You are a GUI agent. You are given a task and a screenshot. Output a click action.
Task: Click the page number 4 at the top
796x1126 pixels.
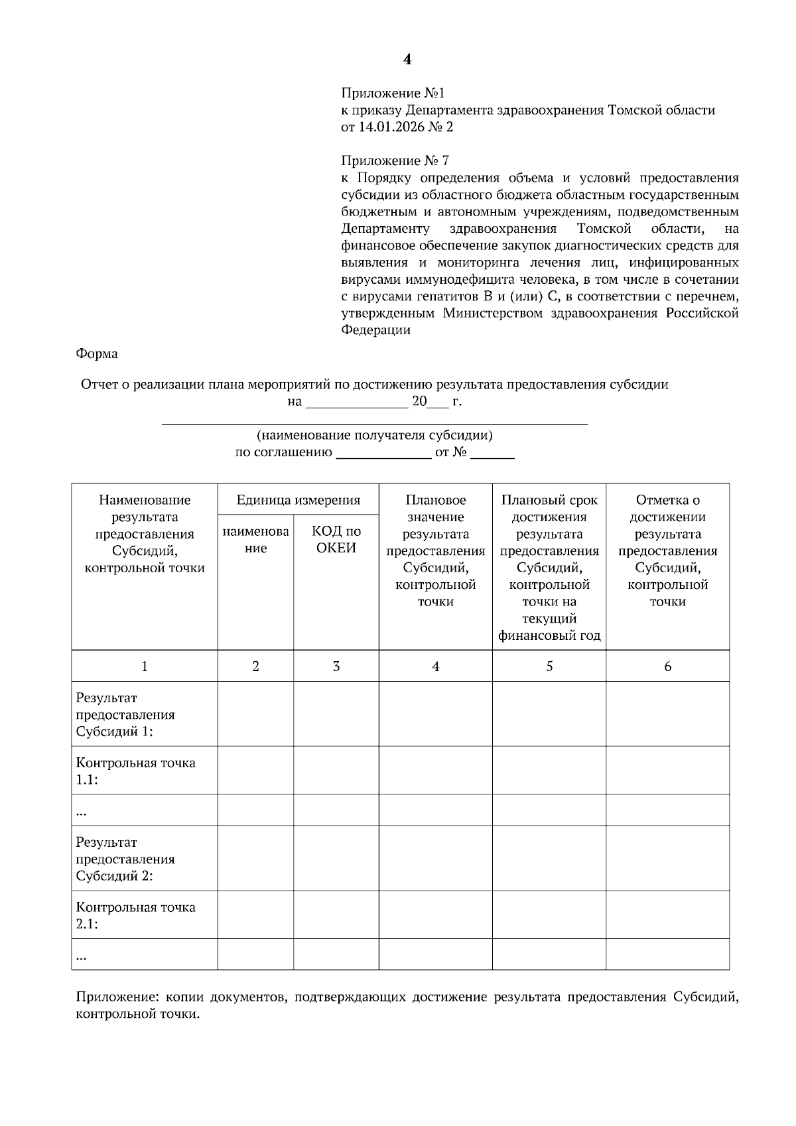(x=407, y=60)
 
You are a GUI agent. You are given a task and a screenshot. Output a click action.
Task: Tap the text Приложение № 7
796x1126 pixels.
(x=395, y=161)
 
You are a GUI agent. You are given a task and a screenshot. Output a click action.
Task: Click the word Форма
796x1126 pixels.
(x=97, y=354)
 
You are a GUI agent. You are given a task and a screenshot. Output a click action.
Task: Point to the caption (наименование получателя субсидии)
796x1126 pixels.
(x=375, y=436)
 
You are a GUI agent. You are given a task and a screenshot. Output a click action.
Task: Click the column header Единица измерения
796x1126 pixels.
(x=298, y=500)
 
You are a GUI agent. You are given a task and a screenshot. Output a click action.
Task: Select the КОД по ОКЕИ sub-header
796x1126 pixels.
(x=336, y=539)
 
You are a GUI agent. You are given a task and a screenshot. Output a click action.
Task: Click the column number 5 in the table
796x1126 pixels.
(x=549, y=666)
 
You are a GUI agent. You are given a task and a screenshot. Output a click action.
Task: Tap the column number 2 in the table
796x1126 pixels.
(x=255, y=666)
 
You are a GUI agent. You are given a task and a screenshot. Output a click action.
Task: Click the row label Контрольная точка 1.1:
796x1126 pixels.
(x=135, y=771)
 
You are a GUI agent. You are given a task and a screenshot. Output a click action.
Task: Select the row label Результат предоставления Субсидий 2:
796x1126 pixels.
(x=125, y=859)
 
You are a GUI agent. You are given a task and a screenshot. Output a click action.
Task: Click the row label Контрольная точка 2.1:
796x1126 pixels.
(x=135, y=915)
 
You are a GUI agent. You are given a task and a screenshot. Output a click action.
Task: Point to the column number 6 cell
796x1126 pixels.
(x=667, y=666)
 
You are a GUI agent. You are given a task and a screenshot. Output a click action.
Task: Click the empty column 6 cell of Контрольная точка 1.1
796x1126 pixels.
(x=667, y=771)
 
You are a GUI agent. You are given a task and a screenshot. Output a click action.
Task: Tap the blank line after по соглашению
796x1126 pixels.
(x=384, y=454)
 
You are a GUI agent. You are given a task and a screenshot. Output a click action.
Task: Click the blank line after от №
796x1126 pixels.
(x=492, y=454)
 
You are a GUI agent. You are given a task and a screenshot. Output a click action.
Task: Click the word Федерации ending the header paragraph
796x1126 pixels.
(x=375, y=330)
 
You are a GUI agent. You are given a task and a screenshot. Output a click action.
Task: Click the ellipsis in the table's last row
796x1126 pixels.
(x=82, y=956)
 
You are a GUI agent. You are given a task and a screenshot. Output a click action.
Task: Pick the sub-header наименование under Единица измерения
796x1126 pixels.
(x=255, y=539)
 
